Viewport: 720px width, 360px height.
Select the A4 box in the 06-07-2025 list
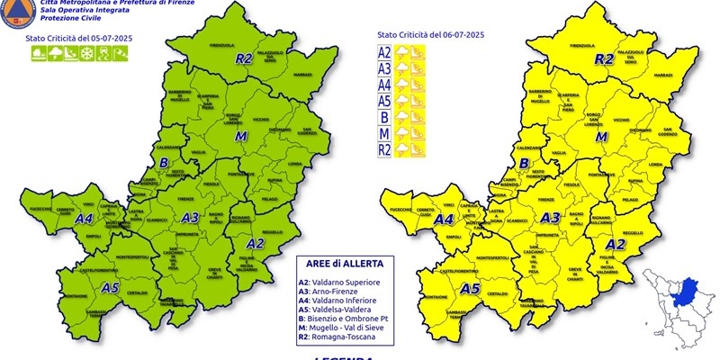point(384,85)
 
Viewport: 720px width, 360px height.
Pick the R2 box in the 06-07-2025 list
point(384,148)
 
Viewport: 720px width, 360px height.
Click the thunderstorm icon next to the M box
point(402,132)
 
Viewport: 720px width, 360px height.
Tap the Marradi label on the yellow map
point(663,75)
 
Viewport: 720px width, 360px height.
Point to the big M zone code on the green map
point(240,136)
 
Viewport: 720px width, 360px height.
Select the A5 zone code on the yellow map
point(469,289)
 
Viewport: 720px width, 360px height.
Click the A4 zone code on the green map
point(84,218)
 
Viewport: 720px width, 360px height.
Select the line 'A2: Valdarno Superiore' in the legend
point(340,282)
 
